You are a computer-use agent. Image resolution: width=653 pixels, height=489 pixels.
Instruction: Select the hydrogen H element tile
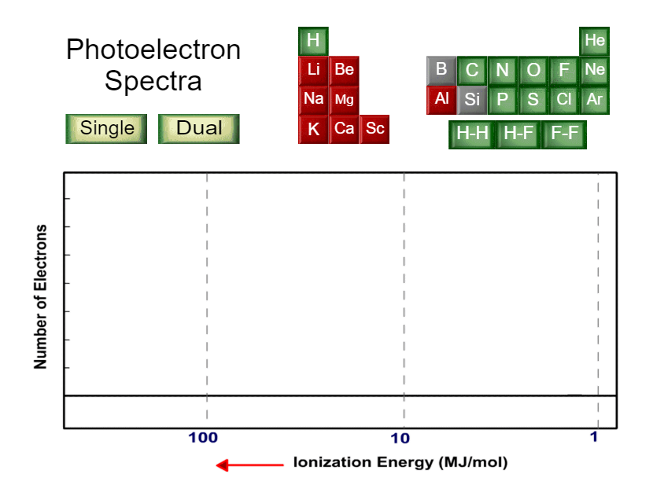point(313,41)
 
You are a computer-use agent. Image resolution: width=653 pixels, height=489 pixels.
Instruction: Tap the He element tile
point(595,41)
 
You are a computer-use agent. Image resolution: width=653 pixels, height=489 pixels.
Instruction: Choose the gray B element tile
point(441,70)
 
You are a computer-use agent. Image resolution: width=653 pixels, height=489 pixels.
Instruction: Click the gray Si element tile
point(472,100)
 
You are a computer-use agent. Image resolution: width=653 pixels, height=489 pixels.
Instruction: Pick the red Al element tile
point(441,100)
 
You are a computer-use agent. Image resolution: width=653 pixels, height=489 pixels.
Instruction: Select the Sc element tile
point(375,129)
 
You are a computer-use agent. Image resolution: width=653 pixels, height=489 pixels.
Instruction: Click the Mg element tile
point(345,100)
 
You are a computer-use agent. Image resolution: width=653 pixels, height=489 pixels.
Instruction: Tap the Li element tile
point(313,70)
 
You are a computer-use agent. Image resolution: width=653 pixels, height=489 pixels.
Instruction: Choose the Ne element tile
point(595,70)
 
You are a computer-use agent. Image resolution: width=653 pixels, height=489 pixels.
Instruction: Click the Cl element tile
point(564,100)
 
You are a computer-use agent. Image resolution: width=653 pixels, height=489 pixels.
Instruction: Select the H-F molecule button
point(518,134)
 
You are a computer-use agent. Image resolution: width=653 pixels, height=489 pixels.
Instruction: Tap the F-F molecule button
point(565,134)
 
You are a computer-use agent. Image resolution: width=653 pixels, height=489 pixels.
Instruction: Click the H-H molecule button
point(472,134)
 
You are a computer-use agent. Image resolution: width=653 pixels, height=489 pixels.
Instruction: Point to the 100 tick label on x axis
point(203,438)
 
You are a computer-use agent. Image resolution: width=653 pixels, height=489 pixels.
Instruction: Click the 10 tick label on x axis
point(401,438)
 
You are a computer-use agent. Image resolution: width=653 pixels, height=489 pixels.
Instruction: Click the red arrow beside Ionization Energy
point(250,465)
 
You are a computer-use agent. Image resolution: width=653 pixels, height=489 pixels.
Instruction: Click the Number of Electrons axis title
point(41,296)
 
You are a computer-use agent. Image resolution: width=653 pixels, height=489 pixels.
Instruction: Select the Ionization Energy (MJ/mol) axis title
point(400,462)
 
